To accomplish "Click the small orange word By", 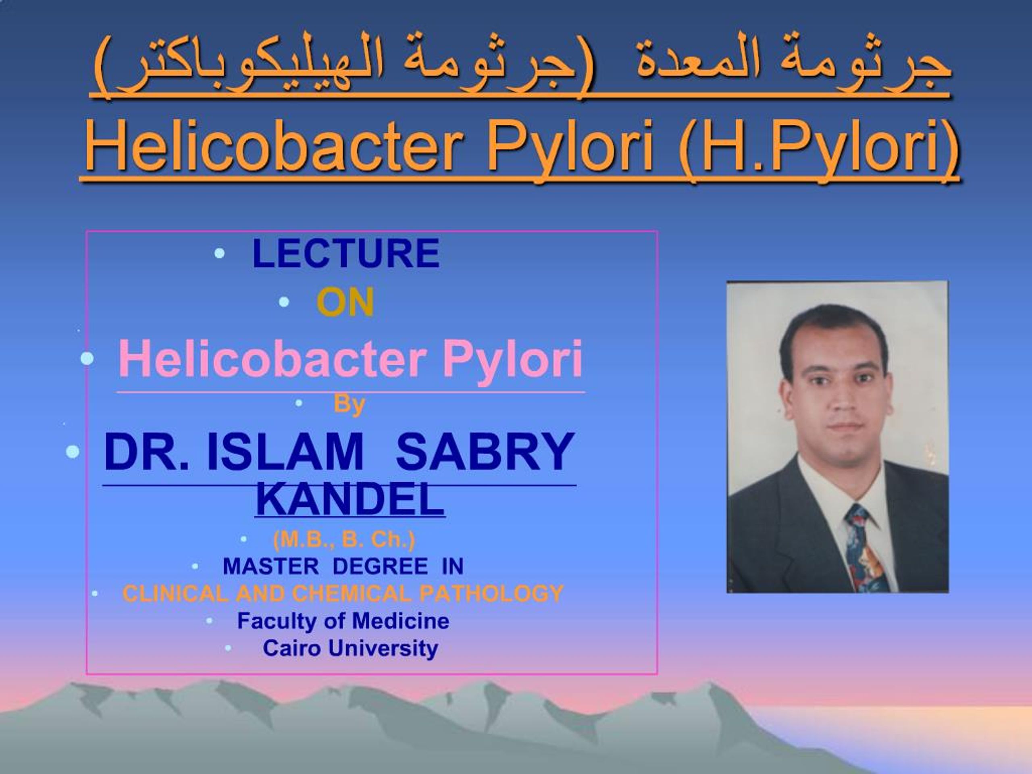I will tap(349, 404).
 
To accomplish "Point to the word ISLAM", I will tap(284, 451).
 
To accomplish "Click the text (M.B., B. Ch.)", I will tap(344, 540).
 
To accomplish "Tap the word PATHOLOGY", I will tap(491, 593).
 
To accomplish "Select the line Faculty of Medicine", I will tap(343, 621).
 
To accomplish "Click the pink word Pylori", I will tap(512, 359).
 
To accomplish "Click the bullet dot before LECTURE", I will tap(219, 253).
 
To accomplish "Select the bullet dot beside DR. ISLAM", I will tap(72, 451).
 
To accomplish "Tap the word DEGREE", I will tap(380, 566).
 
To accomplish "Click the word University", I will tap(383, 648).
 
